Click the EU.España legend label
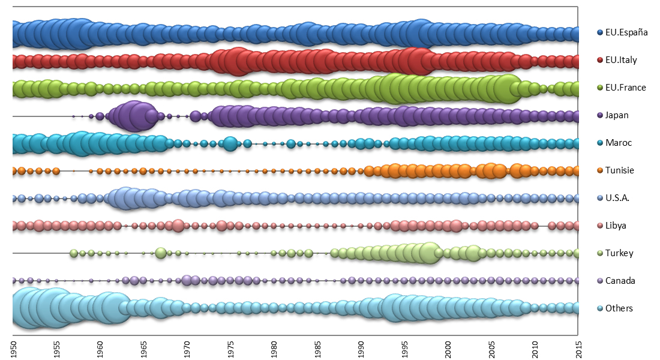coord(626,32)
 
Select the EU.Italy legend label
coord(621,60)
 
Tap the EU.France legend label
coord(625,88)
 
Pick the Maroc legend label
coord(619,143)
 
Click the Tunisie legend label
coord(620,170)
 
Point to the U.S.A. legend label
coord(618,198)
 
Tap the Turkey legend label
coord(619,253)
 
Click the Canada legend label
coord(620,281)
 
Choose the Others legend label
coord(619,308)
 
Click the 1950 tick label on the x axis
coord(13,349)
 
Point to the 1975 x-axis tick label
coord(230,349)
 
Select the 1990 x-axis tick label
coord(361,349)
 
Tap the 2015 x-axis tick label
coord(578,349)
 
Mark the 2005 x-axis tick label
coord(491,349)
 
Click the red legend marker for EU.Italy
coord(599,60)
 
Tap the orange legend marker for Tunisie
coord(599,170)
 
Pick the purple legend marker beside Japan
coord(599,115)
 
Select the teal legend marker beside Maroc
coord(599,143)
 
